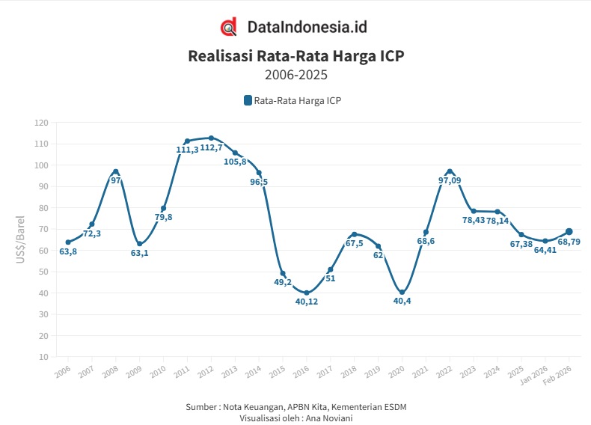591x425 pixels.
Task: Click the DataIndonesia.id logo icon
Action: [x=229, y=27]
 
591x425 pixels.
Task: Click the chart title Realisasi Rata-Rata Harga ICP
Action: [x=295, y=55]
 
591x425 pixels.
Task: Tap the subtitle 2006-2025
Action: [x=295, y=75]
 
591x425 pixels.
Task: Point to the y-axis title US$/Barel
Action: [x=21, y=239]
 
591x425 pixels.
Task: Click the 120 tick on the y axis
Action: [x=41, y=123]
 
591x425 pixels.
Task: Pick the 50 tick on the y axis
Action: [x=43, y=272]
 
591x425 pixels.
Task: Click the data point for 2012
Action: [x=211, y=138]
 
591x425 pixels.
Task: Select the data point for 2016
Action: [x=307, y=293]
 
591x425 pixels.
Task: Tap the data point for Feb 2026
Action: [x=569, y=232]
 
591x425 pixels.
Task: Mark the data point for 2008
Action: [x=116, y=172]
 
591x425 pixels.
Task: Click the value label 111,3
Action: [x=187, y=150]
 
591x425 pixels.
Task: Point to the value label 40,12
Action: [x=307, y=302]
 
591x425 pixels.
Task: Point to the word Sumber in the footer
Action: [x=202, y=406]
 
